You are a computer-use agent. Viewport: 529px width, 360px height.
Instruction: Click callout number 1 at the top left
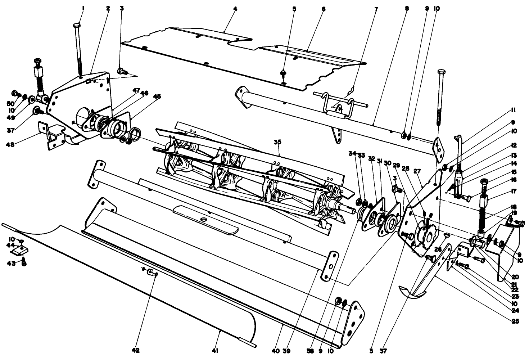pos(83,8)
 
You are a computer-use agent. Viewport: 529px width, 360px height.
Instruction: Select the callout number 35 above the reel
pos(277,142)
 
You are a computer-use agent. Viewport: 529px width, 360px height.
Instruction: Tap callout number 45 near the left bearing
pos(157,96)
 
